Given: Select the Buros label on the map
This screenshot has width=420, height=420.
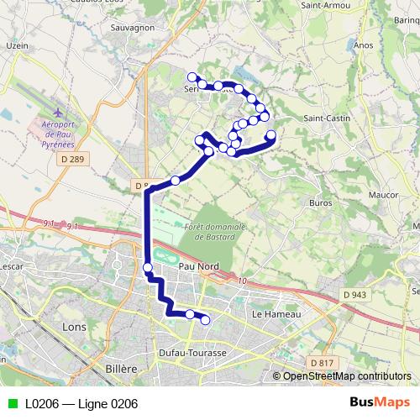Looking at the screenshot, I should pyautogui.click(x=321, y=202).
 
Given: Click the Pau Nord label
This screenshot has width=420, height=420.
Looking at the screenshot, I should pyautogui.click(x=199, y=266).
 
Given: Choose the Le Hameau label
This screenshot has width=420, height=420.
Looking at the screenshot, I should pyautogui.click(x=270, y=313).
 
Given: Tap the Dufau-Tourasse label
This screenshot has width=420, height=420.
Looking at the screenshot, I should pyautogui.click(x=192, y=354).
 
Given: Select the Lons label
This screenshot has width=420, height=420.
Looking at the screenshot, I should pyautogui.click(x=75, y=325).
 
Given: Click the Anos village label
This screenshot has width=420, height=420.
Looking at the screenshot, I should pyautogui.click(x=364, y=45).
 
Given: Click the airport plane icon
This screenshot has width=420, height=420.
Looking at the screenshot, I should pyautogui.click(x=57, y=112).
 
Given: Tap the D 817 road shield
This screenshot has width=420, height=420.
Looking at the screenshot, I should pyautogui.click(x=321, y=362).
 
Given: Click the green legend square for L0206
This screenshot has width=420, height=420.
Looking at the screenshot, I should pyautogui.click(x=11, y=404).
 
